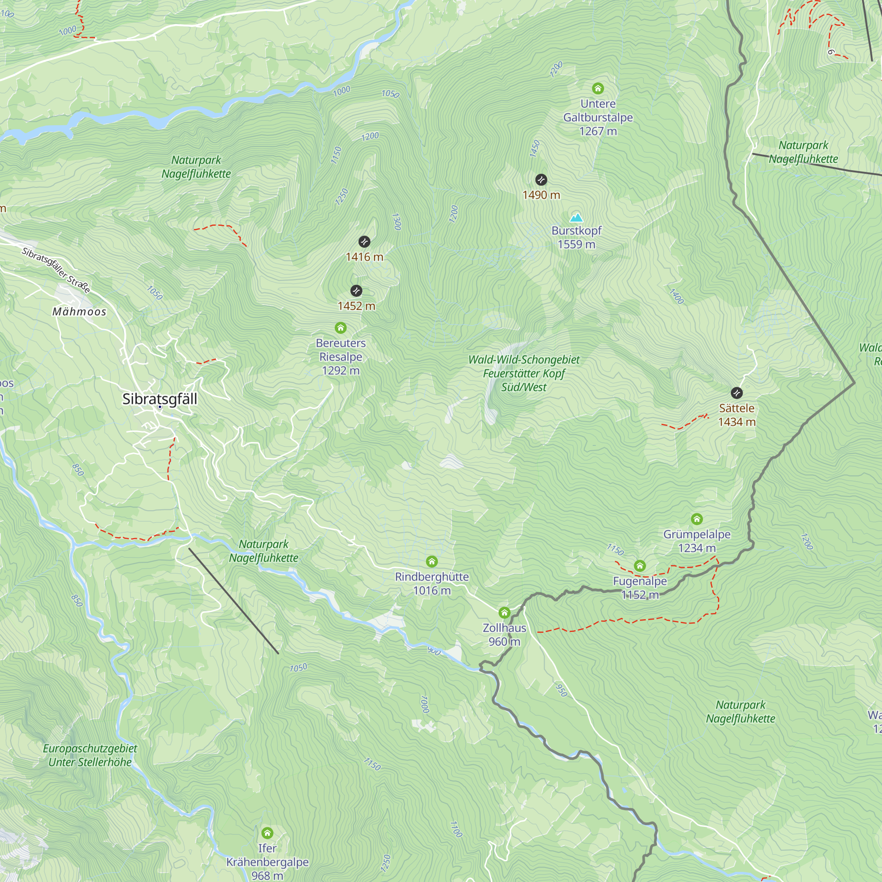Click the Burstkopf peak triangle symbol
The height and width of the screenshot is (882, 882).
(576, 217)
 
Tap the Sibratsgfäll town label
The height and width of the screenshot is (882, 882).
(160, 399)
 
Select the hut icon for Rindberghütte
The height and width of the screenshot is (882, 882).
(431, 561)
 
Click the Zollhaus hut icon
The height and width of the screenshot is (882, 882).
(504, 612)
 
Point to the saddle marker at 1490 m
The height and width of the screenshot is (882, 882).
(541, 179)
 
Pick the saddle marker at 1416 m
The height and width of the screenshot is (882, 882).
(364, 242)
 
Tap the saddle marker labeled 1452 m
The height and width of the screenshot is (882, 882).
(356, 291)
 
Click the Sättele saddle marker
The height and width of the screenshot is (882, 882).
(736, 392)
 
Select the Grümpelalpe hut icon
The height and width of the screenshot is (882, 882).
(696, 519)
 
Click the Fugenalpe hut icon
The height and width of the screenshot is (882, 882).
(639, 566)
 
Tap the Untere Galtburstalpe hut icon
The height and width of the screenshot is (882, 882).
(598, 88)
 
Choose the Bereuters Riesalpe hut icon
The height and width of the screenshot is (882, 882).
(340, 328)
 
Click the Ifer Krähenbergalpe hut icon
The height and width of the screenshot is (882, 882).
(267, 833)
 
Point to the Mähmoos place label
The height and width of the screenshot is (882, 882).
(79, 312)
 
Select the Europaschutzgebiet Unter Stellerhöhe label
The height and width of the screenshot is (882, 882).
(90, 755)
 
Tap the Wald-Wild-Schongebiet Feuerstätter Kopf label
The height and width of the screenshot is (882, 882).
(523, 373)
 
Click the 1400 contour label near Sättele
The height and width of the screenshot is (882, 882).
(676, 296)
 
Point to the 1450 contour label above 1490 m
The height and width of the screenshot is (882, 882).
(534, 149)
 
